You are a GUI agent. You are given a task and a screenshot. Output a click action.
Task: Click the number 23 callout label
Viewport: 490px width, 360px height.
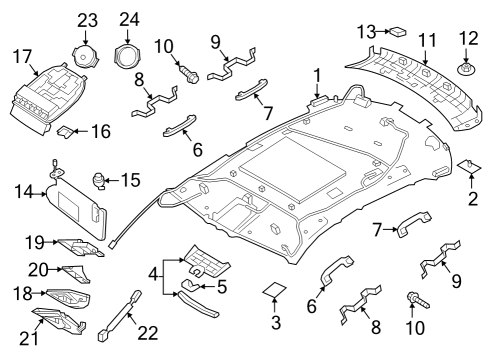tap(88, 19)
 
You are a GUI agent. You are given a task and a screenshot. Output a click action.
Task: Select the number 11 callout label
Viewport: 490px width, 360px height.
tap(427, 42)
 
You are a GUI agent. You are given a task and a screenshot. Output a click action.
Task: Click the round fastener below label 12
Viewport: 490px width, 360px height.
tap(465, 71)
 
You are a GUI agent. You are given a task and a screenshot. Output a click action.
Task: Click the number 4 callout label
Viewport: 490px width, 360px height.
tap(152, 272)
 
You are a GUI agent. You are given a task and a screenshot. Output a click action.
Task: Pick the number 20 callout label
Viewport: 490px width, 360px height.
tap(38, 269)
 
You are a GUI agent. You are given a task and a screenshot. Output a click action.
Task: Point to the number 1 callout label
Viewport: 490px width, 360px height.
tap(318, 74)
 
